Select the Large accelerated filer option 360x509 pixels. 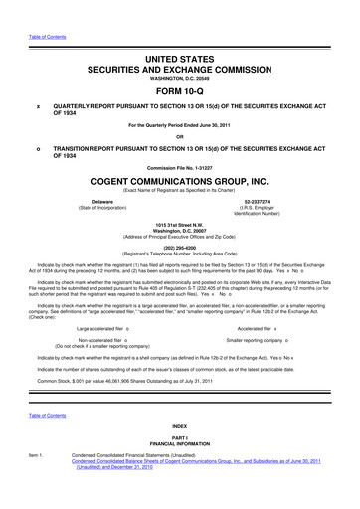[x=104, y=327]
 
